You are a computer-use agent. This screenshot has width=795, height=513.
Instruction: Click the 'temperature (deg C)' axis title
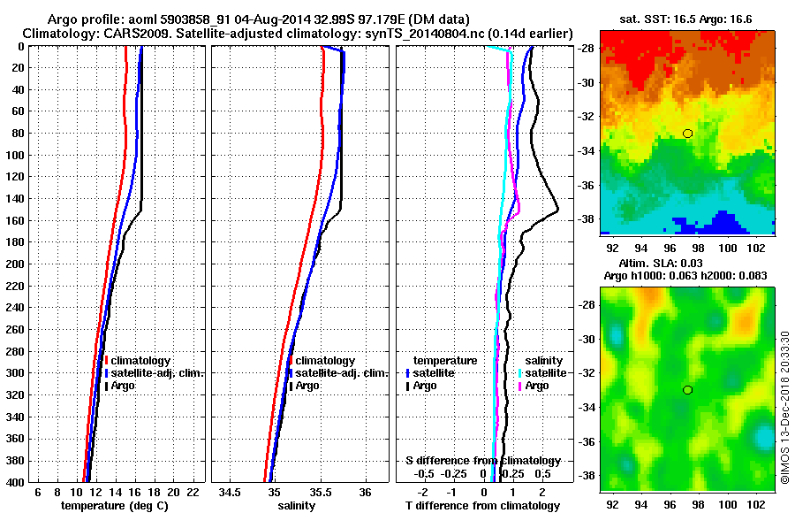(114, 506)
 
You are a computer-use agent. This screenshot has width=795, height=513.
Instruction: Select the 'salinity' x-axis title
(296, 506)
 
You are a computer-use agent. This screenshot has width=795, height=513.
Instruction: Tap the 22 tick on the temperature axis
(192, 492)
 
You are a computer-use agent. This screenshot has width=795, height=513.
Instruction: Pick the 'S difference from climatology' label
(482, 461)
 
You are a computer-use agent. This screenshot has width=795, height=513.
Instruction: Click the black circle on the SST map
(687, 134)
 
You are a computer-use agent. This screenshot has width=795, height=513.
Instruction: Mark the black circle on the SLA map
(687, 390)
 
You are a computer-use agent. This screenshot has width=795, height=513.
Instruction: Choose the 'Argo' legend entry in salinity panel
(309, 387)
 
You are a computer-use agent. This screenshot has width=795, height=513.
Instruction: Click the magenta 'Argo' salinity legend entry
(541, 387)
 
